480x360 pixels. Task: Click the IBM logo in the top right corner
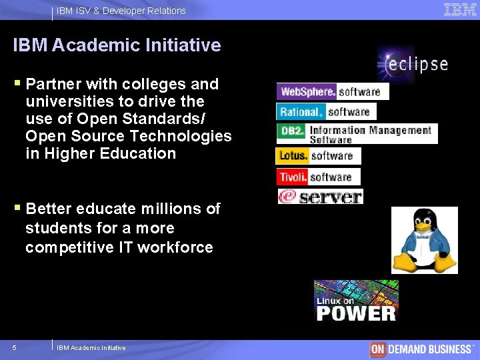(460, 9)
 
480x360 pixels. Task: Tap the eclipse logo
(412, 65)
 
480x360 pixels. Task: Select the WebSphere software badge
(332, 91)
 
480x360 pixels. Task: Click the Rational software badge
(326, 112)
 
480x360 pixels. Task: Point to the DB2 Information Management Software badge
(357, 133)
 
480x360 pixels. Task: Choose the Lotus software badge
(318, 156)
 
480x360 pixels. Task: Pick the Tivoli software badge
(318, 177)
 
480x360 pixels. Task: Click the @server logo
(320, 197)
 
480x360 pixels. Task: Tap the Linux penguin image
(424, 240)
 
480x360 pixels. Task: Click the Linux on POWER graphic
(356, 301)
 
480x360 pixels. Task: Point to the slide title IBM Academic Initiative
(117, 45)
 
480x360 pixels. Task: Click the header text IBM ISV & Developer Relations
(121, 11)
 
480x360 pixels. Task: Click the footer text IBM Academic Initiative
(91, 348)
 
